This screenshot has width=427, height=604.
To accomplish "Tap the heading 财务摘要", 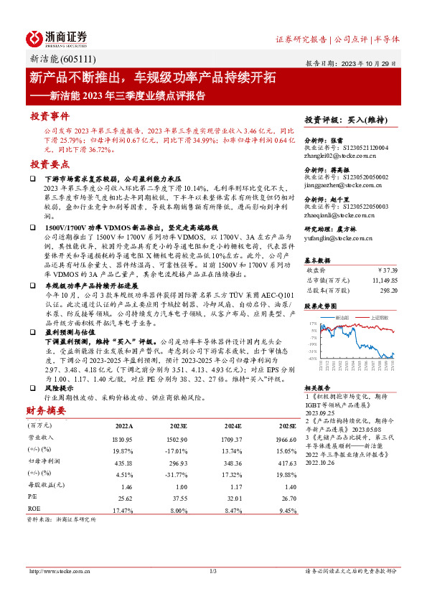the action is tap(47, 411).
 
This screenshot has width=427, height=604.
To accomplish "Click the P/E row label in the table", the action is tap(34, 496).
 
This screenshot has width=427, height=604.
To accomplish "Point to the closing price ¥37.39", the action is tap(386, 270).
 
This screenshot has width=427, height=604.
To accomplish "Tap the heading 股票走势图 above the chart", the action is tap(320, 305).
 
